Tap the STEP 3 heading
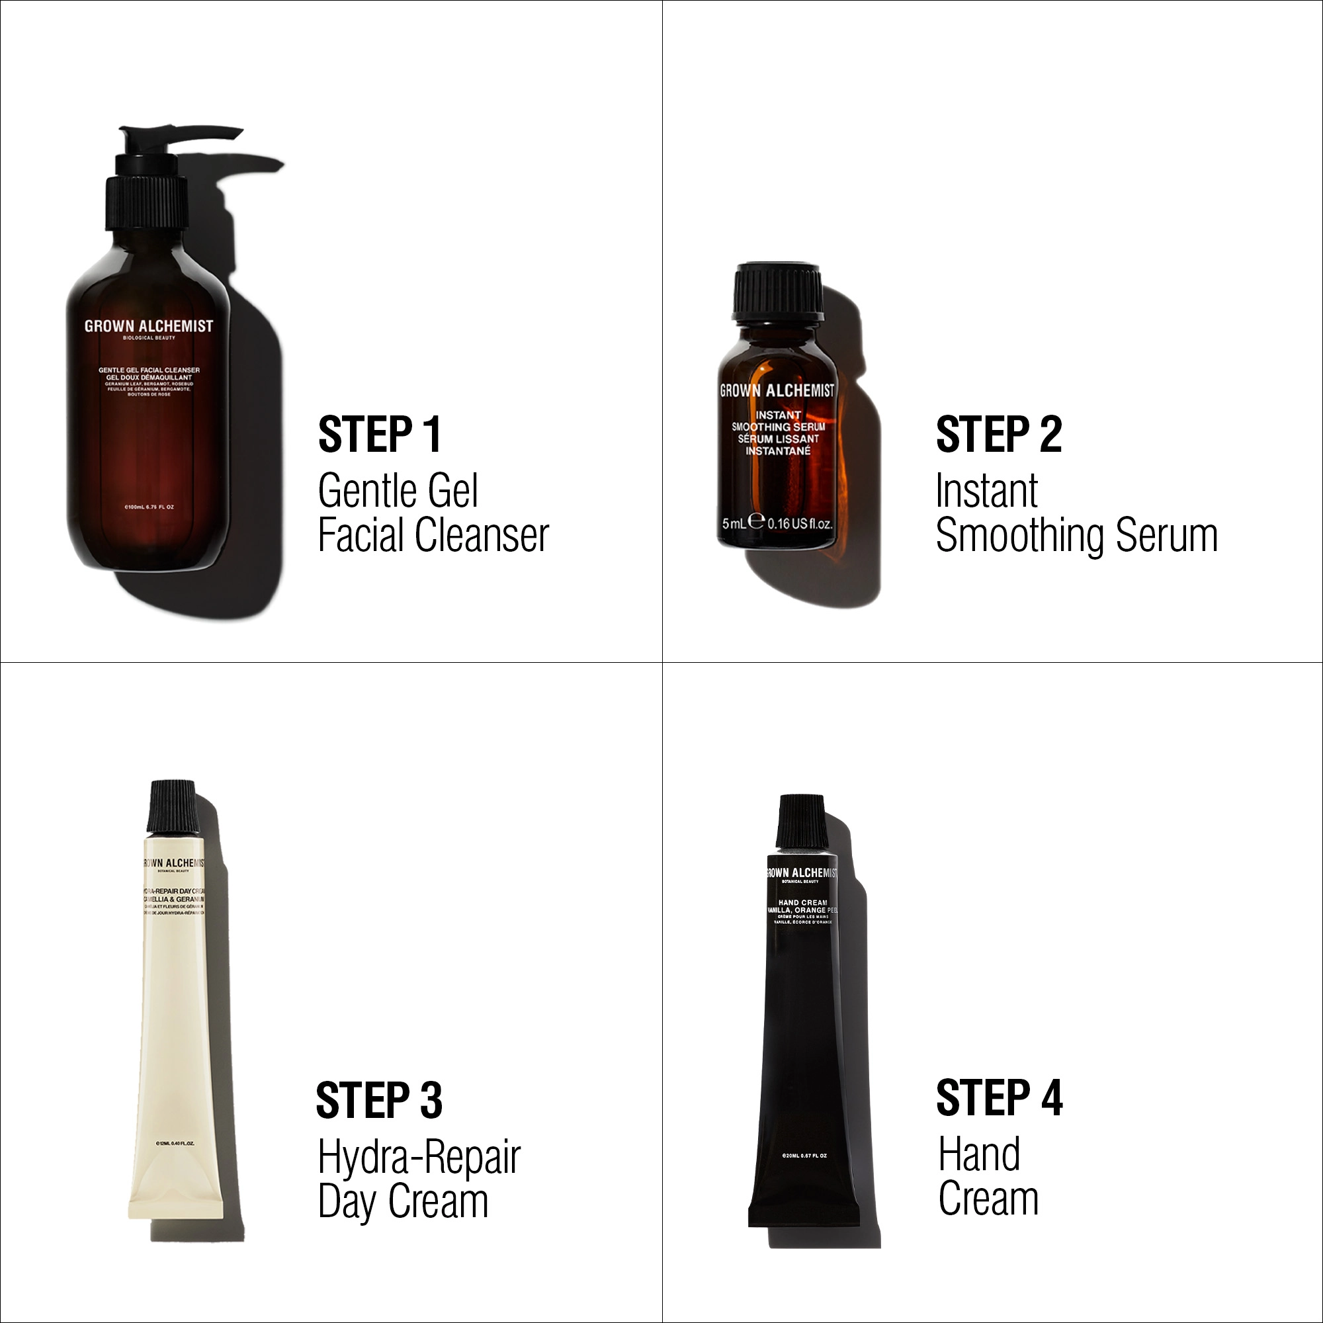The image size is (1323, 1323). pyautogui.click(x=378, y=1101)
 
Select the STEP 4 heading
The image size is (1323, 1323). pyautogui.click(x=999, y=1097)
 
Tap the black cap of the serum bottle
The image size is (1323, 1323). pyautogui.click(x=777, y=291)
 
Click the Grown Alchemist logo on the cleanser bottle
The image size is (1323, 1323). pyautogui.click(x=149, y=327)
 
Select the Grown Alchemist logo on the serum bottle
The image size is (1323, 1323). pyautogui.click(x=777, y=391)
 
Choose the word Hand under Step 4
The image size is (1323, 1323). pyautogui.click(x=979, y=1154)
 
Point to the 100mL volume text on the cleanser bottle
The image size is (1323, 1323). pyautogui.click(x=149, y=507)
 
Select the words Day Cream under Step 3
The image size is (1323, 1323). pyautogui.click(x=403, y=1203)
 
